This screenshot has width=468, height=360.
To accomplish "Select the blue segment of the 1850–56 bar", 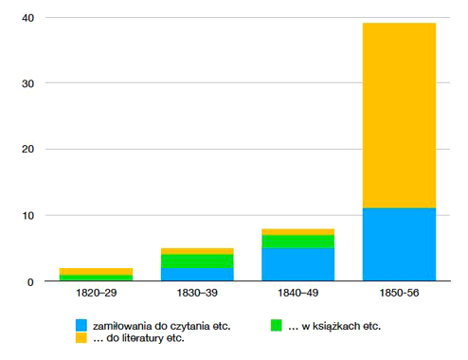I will coord(399,244).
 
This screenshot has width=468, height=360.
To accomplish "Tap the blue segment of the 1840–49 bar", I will coord(297,264).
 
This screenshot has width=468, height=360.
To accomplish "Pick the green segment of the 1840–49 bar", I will coord(297,242).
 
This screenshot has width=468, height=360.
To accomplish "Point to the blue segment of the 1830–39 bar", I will coord(197,275).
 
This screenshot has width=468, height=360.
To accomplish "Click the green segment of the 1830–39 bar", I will coord(197,261).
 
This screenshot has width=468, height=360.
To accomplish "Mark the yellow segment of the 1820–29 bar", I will coord(96,271).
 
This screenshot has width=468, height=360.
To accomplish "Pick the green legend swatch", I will coord(277,325).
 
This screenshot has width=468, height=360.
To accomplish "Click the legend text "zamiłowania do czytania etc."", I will coord(155,325).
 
